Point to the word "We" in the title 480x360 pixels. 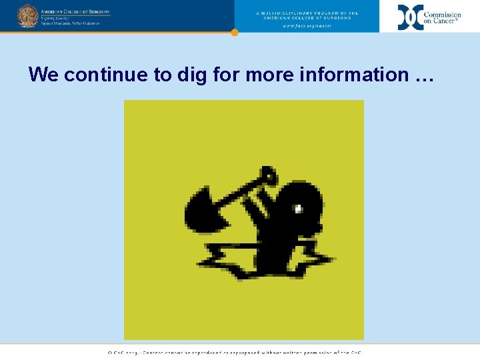pyautogui.click(x=44, y=75)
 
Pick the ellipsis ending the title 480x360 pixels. pyautogui.click(x=424, y=76)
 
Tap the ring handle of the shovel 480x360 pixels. pyautogui.click(x=269, y=176)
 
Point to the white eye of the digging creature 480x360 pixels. pyautogui.click(x=299, y=209)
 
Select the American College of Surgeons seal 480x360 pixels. pyautogui.click(x=27, y=15)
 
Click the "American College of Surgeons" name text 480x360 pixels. pyautogui.click(x=75, y=12)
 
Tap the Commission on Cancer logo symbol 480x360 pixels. pyautogui.click(x=410, y=17)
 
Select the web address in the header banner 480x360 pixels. pyautogui.click(x=307, y=25)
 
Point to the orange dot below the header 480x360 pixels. pyautogui.click(x=234, y=32)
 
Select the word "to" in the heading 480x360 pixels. pyautogui.click(x=163, y=75)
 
